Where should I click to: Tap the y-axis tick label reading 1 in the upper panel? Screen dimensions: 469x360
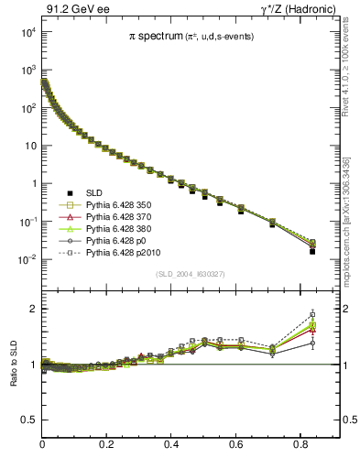point(32,184)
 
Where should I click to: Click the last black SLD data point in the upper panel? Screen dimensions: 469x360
point(312,251)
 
